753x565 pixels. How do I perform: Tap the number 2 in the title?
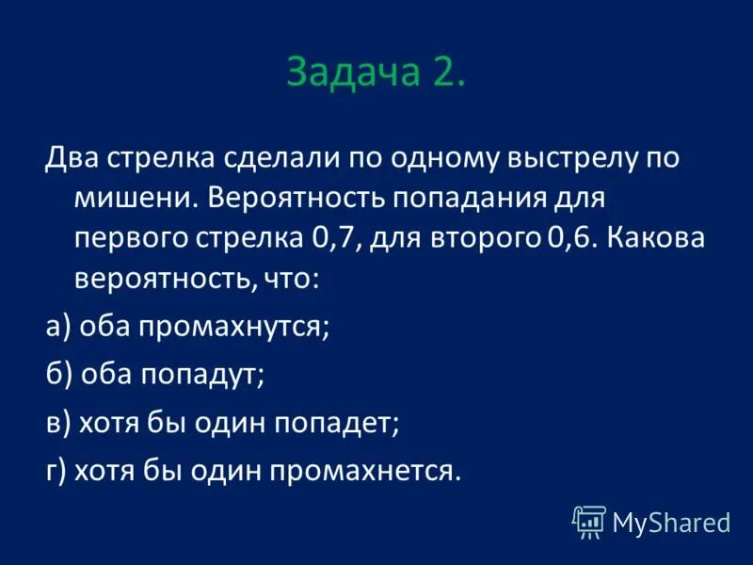point(446,74)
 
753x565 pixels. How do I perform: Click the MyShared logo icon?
point(589,521)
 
